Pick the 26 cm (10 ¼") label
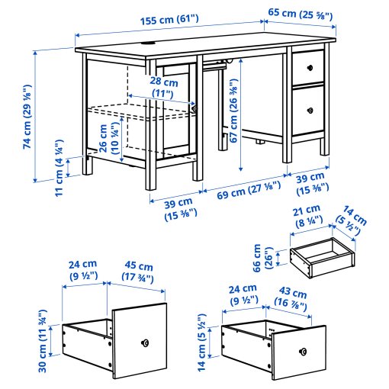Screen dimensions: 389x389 (108, 138)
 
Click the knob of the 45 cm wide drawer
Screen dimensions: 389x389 (145, 343)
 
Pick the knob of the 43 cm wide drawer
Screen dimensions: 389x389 (303, 351)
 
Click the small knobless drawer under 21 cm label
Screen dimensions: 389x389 (322, 255)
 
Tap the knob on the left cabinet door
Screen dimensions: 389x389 (195, 109)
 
